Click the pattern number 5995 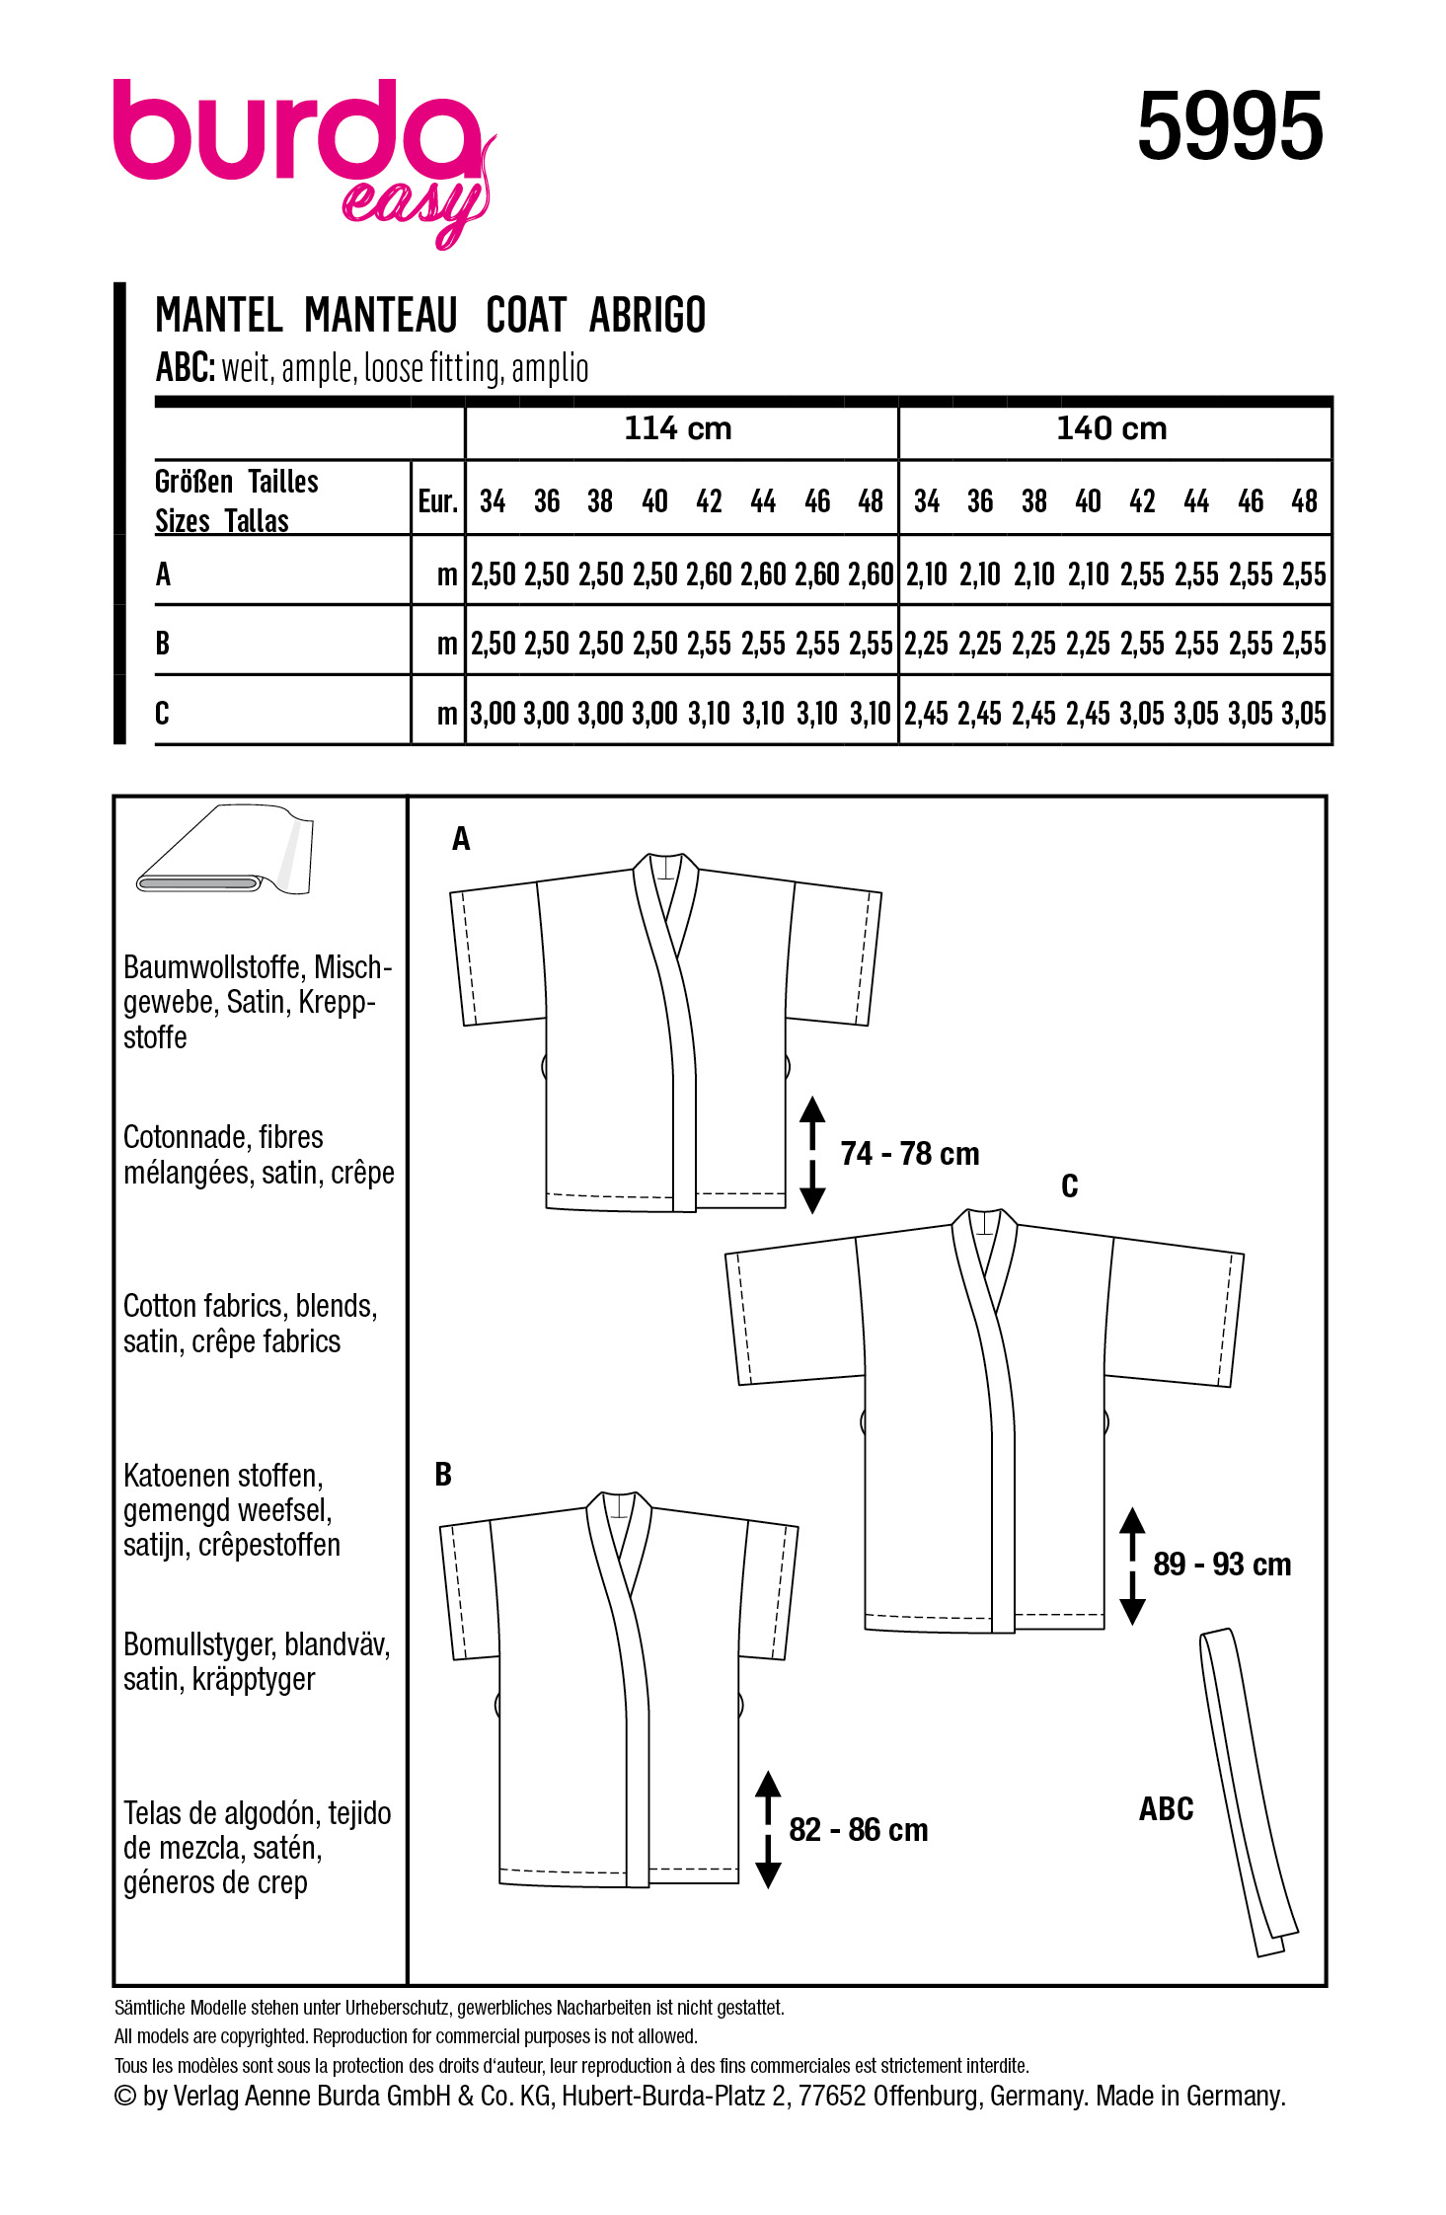pyautogui.click(x=1229, y=126)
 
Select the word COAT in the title pyautogui.click(x=526, y=316)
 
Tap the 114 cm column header pyautogui.click(x=678, y=428)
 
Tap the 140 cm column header pyautogui.click(x=1111, y=428)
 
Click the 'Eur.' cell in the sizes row pyautogui.click(x=437, y=501)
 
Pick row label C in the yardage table pyautogui.click(x=163, y=712)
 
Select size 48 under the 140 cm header pyautogui.click(x=1304, y=501)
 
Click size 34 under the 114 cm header pyautogui.click(x=493, y=501)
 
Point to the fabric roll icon pyautogui.click(x=225, y=851)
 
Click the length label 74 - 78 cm pyautogui.click(x=909, y=1153)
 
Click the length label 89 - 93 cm pyautogui.click(x=1221, y=1564)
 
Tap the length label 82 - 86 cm pyautogui.click(x=858, y=1829)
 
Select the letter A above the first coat pyautogui.click(x=461, y=839)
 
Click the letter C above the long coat pyautogui.click(x=1069, y=1185)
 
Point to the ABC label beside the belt pyautogui.click(x=1166, y=1808)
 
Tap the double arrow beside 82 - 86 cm pyautogui.click(x=768, y=1829)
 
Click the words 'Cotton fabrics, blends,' pyautogui.click(x=250, y=1306)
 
